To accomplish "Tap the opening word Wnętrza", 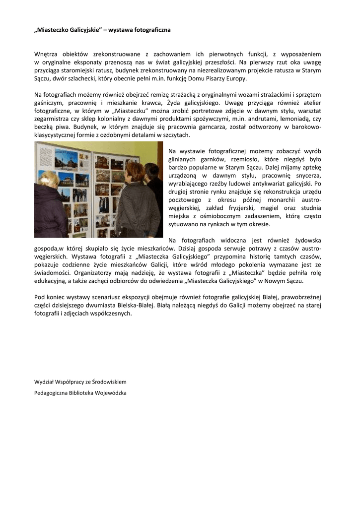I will [46, 54].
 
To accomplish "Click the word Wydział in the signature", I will [46, 382].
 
